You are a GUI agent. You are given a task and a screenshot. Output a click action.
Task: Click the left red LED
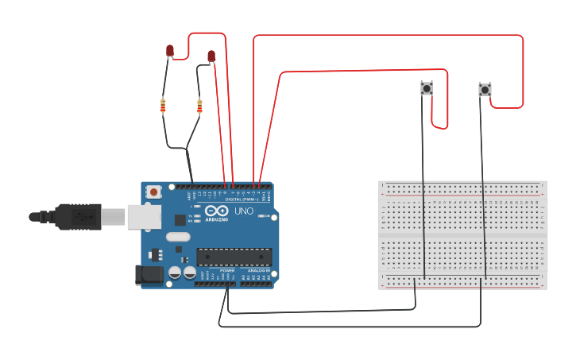coord(170,51)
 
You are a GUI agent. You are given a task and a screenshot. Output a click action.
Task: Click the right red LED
coord(211,56)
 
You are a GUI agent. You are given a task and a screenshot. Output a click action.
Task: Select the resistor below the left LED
coord(163,105)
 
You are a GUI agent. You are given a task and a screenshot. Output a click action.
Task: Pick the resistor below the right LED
coord(199,106)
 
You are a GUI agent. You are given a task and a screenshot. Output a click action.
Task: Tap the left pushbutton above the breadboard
coord(427,88)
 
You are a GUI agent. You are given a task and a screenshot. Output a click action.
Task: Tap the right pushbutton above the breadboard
coord(485,90)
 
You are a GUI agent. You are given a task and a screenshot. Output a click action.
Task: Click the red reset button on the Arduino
coord(153,192)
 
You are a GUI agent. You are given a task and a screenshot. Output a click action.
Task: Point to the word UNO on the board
coord(243,211)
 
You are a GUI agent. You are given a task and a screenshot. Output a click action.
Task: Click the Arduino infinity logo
coord(215,211)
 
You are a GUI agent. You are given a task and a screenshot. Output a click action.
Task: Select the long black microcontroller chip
coord(234,257)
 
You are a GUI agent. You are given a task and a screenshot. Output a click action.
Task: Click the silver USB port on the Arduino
coord(144,217)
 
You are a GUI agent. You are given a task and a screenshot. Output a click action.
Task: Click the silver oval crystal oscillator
coord(179,236)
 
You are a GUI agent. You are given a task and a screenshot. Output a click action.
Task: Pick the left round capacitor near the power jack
coord(175,273)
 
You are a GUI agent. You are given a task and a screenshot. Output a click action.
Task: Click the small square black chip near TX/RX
coord(180,220)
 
